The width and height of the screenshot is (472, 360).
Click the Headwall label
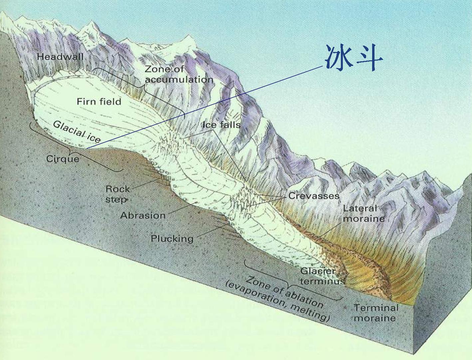coord(60,56)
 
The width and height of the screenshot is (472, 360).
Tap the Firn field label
coord(99,101)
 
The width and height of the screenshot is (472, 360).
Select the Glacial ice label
coord(77,132)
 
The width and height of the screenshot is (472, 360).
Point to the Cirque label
coord(63,159)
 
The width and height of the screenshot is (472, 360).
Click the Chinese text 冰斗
coord(353,58)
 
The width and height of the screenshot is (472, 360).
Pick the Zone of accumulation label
coord(179,74)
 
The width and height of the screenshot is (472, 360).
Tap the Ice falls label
coord(221,125)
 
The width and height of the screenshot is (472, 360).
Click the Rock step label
coord(118,194)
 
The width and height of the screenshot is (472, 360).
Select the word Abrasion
coord(143,215)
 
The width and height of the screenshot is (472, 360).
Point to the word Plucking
coord(172,238)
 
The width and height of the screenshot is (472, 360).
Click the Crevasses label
coord(314,195)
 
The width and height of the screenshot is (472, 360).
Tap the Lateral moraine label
coord(363,213)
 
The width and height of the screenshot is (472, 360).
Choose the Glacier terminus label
coord(321,276)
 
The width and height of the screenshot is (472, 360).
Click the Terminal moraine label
coord(376,312)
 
